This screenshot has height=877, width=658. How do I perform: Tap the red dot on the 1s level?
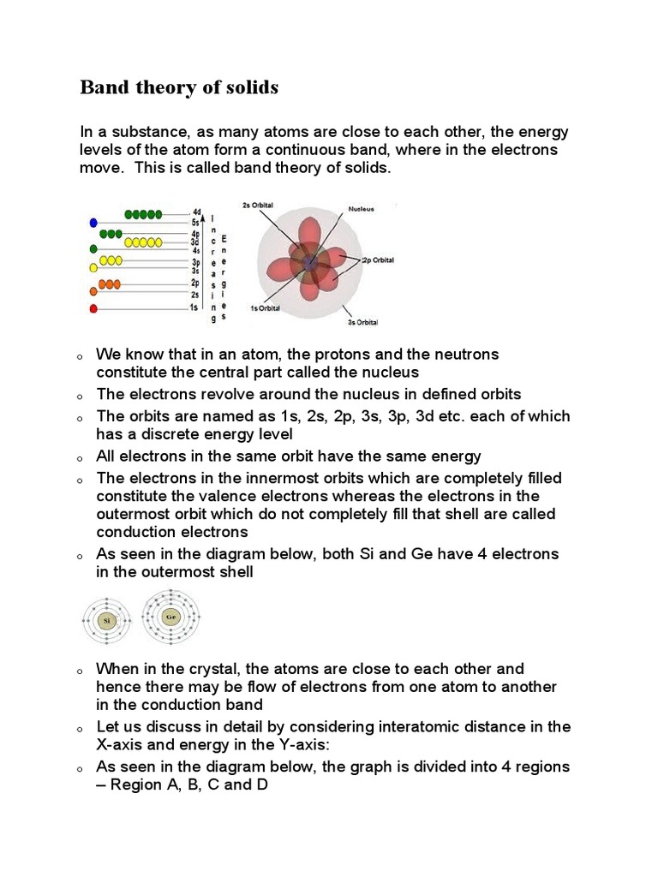93,307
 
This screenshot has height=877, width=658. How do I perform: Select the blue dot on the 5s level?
93,223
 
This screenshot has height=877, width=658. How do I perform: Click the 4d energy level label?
196,212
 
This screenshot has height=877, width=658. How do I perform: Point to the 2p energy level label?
195,283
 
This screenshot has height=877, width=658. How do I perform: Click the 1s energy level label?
195,307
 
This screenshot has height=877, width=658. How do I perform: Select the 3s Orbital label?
362,323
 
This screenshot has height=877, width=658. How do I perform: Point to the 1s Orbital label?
266,308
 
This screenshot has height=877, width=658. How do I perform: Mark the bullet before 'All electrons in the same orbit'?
78,458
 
